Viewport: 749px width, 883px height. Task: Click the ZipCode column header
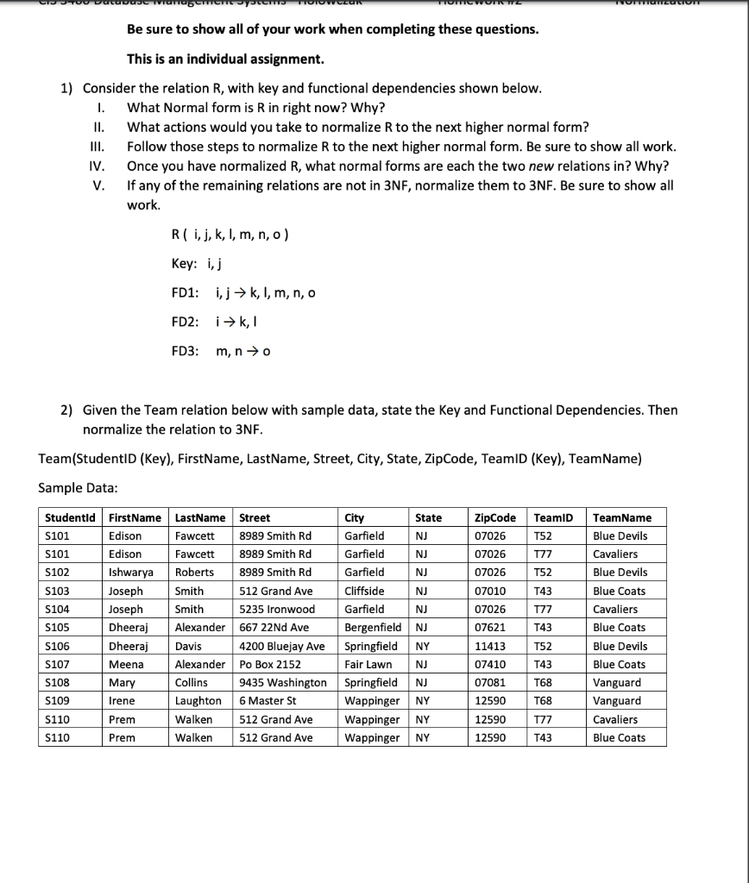tap(495, 517)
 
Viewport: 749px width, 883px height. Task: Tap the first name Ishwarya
tap(131, 573)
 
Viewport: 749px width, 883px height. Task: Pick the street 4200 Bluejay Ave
tap(282, 646)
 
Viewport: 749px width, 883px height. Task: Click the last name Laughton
tap(198, 701)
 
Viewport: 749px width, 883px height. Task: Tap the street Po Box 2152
tap(270, 665)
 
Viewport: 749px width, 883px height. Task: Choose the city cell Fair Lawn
tap(368, 665)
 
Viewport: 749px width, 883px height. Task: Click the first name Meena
tap(125, 665)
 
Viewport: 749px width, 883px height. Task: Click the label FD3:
tap(186, 351)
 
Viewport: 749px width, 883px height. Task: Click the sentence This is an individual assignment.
tap(225, 59)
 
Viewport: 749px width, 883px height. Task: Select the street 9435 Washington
tap(282, 683)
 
